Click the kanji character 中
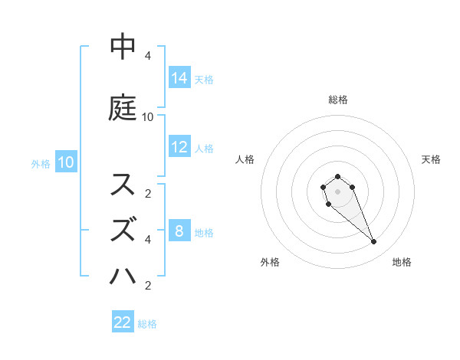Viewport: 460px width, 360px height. pos(123,47)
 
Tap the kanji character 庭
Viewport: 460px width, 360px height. pos(123,108)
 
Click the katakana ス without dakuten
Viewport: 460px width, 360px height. pos(123,185)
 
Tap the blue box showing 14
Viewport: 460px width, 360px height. pos(179,77)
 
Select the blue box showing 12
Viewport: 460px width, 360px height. pos(179,147)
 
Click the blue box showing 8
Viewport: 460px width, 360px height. pos(179,231)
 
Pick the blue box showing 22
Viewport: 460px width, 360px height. pos(123,322)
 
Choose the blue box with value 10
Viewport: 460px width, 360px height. pos(65,162)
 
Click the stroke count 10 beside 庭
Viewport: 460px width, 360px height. pos(148,117)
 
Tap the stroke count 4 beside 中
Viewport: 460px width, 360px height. pos(148,56)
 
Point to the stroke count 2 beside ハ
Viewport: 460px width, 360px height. pos(148,286)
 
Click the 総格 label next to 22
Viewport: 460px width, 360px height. pos(147,324)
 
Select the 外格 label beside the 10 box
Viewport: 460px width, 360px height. pos(41,163)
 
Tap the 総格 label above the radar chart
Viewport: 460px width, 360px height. pos(337,100)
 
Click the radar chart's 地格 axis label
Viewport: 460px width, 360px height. pos(402,262)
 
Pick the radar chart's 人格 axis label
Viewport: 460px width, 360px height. pos(245,159)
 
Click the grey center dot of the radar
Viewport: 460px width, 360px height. pos(337,190)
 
